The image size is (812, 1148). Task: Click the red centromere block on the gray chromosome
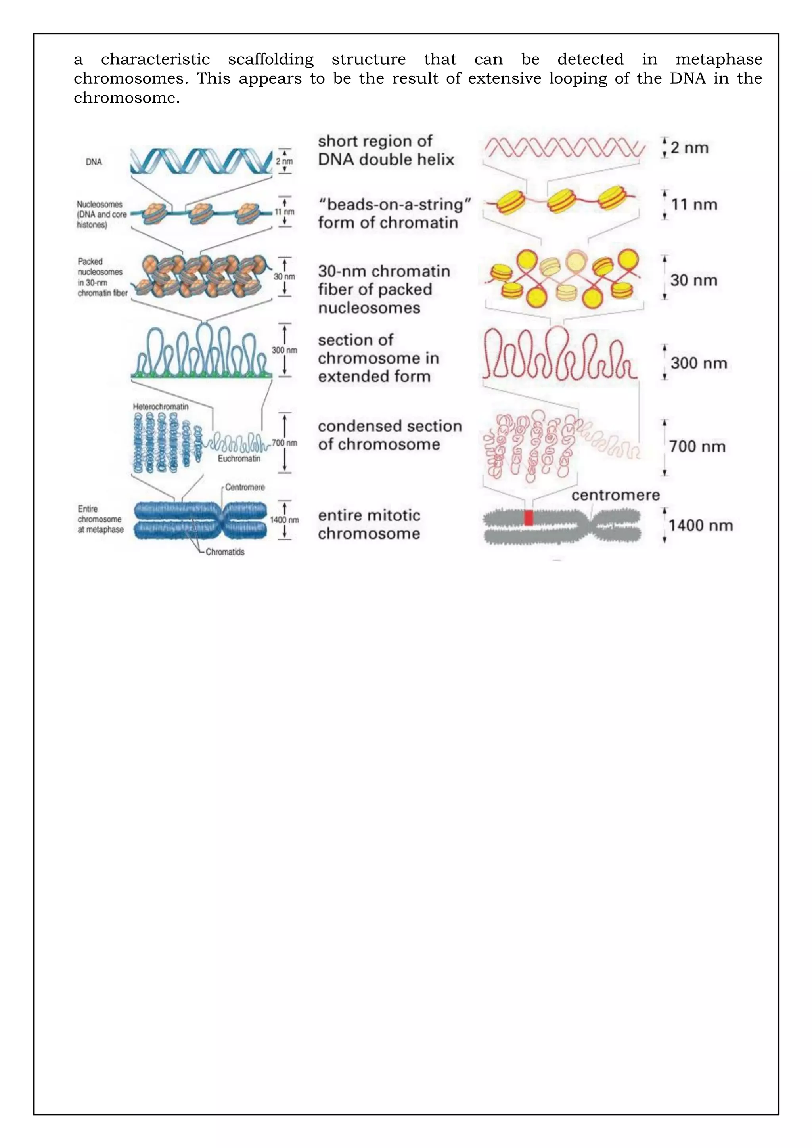point(529,517)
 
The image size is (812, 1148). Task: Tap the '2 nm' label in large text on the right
point(689,148)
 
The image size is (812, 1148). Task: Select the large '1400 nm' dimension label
point(701,526)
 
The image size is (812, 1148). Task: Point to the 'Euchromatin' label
point(239,459)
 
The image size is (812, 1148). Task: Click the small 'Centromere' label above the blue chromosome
point(245,487)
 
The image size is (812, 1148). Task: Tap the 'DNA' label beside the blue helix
point(94,162)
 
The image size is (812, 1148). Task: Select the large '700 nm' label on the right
point(697,446)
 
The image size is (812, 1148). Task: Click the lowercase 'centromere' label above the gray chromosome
point(615,495)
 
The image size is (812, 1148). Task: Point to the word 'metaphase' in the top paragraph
point(718,59)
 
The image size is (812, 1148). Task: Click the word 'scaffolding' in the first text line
point(270,59)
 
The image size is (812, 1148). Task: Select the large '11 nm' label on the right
point(694,205)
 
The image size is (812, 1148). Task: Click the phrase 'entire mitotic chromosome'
point(369,524)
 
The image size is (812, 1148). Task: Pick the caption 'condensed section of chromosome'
point(389,435)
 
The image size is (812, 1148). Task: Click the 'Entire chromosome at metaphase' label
point(100,519)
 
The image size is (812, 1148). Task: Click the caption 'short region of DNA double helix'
point(385,151)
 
